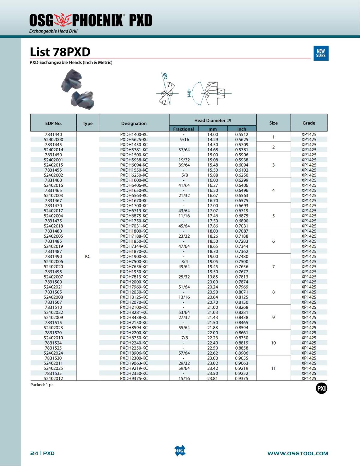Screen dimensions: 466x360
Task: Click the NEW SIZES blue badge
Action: coord(321,53)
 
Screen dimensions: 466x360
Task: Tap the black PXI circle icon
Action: coord(321,389)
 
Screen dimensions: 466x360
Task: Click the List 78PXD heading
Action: coord(60,52)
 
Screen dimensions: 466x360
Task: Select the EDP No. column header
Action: coord(53,123)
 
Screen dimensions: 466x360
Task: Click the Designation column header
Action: coord(134,123)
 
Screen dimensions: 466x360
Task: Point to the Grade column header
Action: coord(309,123)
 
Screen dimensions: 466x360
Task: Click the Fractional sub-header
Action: coord(183,129)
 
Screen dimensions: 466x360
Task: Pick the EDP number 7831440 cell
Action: coord(53,134)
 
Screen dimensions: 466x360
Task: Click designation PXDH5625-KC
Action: coord(134,140)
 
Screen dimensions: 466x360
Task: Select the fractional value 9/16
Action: coord(184,140)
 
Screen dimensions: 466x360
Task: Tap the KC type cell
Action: coord(88,257)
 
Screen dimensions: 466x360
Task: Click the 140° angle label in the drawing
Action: coord(189,93)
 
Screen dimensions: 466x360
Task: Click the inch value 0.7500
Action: coord(241,262)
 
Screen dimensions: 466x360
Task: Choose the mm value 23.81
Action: coord(212,378)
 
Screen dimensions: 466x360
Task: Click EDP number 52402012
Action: coord(53,378)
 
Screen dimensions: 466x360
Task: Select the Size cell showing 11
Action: coord(273,368)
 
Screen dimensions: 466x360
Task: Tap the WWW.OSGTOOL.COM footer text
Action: coord(298,453)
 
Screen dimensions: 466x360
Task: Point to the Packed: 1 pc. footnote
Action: coord(42,385)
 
